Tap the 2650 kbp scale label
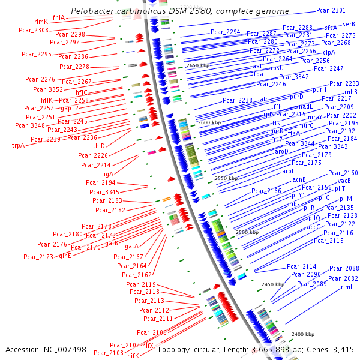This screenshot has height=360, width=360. coord(199,65)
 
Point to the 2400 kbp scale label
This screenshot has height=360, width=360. coord(302,334)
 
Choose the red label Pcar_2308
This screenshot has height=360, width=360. coord(34,30)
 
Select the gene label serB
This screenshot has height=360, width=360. coord(349,24)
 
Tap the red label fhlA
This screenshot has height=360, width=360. coord(59,17)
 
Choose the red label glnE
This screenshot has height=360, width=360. coord(65,256)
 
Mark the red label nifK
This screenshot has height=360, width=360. coord(133,356)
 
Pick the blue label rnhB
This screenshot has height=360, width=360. coord(350,92)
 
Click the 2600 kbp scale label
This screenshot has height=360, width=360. coord(209,122)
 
